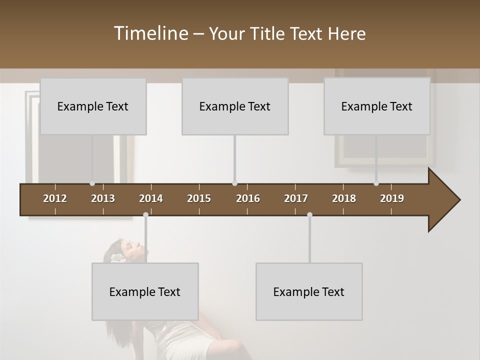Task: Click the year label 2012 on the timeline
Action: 55,198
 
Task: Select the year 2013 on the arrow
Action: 103,198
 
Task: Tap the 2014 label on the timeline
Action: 151,198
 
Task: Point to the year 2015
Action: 199,198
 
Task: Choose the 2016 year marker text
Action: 248,198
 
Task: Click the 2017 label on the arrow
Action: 296,198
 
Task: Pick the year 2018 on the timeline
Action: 344,198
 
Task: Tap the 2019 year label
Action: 392,198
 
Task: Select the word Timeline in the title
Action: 150,33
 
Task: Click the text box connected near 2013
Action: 93,106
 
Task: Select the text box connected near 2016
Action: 235,106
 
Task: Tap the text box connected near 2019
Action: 377,106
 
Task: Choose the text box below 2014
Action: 145,291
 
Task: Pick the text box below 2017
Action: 309,291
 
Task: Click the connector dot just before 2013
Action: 92,183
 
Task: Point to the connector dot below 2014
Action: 145,215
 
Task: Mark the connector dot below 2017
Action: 309,215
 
